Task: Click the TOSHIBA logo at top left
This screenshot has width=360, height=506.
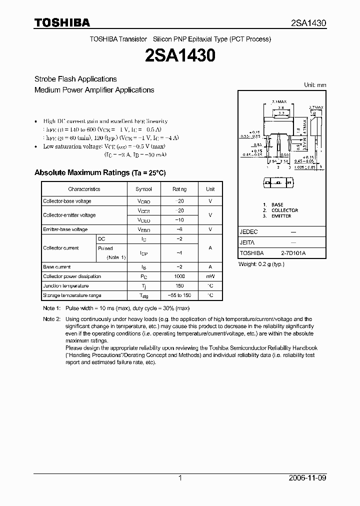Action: (62, 22)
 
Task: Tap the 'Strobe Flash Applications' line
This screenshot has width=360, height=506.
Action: (75, 79)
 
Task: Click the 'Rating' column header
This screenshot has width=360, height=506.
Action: (179, 189)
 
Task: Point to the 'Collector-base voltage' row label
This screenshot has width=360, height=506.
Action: (67, 201)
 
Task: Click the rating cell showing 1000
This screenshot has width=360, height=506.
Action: (179, 276)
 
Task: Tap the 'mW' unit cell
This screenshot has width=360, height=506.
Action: (210, 276)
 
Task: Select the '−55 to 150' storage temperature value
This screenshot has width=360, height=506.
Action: (179, 295)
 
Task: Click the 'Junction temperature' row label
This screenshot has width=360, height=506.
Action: (66, 286)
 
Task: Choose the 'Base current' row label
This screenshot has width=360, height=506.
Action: (57, 267)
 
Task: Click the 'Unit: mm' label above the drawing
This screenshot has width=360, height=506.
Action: (315, 85)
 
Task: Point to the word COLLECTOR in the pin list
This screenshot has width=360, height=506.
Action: (284, 210)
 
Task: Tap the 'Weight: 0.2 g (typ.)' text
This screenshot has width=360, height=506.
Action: (261, 263)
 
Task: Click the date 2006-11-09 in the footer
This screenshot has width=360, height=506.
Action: (307, 478)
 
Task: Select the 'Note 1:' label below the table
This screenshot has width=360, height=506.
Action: (51, 308)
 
